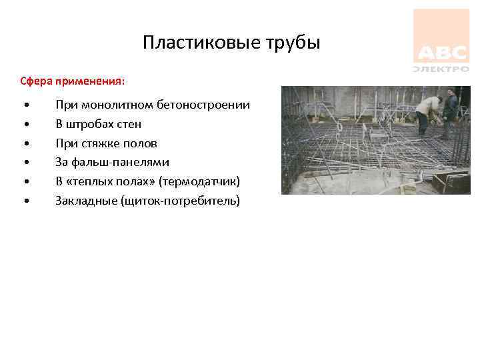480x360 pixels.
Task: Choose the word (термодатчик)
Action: [x=199, y=181]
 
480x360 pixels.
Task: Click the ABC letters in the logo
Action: [x=440, y=53]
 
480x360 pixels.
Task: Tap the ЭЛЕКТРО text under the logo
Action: [x=441, y=68]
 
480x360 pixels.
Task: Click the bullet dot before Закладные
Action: [x=25, y=201]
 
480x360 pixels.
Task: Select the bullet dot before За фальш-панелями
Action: [x=25, y=163]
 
